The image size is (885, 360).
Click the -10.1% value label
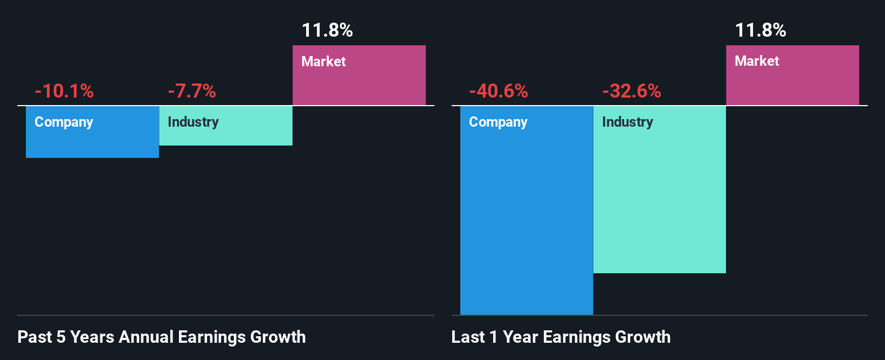tap(64, 91)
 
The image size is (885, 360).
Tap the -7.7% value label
tap(192, 91)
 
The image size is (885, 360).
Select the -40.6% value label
tap(499, 91)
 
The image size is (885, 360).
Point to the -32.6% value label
tap(632, 91)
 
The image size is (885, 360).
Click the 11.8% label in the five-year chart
tap(327, 30)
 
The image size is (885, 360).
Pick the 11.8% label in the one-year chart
tap(760, 30)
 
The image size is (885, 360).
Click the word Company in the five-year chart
tap(64, 122)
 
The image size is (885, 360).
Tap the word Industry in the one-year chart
tap(627, 122)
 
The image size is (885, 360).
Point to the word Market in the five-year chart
tap(323, 61)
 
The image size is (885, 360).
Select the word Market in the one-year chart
tap(757, 61)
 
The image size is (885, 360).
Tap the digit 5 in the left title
tap(61, 337)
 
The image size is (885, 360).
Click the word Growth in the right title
tap(642, 337)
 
